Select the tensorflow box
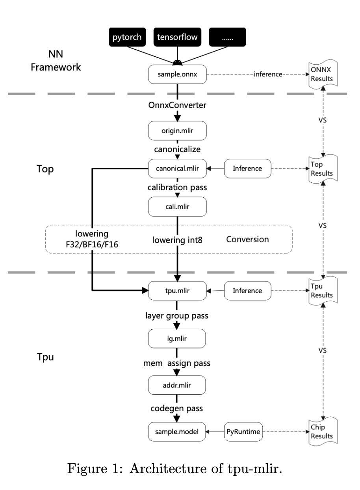pos(177,38)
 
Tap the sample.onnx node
pos(177,74)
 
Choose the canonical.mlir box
pos(177,169)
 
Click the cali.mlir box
pos(177,206)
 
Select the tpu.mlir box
pos(177,291)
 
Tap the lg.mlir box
pos(177,338)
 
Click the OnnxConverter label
pos(177,107)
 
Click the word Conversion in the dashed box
pos(250,239)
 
